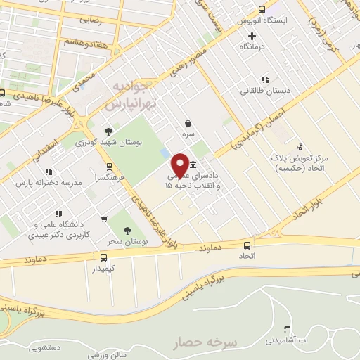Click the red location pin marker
pos(181,164)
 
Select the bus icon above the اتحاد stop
pos(247,246)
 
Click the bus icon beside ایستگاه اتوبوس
pos(262,10)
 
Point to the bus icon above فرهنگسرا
pos(108,167)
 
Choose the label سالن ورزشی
pos(105,354)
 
